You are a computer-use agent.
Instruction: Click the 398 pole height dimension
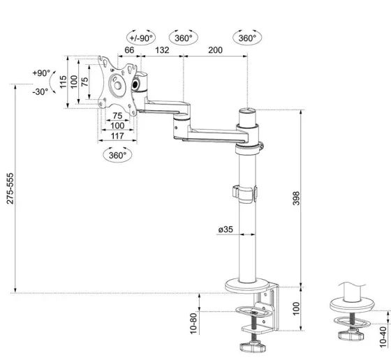click(x=296, y=198)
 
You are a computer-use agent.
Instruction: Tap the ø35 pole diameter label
click(x=226, y=229)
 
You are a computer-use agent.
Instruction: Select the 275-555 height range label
click(x=10, y=188)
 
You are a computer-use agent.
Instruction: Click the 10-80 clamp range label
click(x=193, y=324)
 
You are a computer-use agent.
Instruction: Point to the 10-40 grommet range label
click(x=383, y=337)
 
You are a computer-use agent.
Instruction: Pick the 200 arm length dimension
click(x=215, y=50)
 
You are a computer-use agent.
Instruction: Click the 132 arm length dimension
click(x=162, y=50)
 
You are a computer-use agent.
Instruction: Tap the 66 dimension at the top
click(x=129, y=50)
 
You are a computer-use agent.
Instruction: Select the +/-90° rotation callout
click(x=141, y=38)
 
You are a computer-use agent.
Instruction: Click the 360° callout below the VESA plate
click(x=117, y=155)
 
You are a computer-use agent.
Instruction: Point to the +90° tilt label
click(x=41, y=73)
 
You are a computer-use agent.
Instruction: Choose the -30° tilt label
click(x=40, y=92)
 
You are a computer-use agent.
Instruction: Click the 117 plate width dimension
click(x=117, y=136)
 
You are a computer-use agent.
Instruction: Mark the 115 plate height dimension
click(x=64, y=82)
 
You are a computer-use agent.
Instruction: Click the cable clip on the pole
click(x=245, y=193)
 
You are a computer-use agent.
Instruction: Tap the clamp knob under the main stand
click(x=253, y=347)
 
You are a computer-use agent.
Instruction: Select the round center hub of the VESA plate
click(x=117, y=85)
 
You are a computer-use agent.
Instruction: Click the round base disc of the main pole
click(x=248, y=285)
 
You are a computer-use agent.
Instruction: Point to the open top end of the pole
click(x=247, y=110)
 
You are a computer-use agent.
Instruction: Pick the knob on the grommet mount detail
click(x=350, y=334)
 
